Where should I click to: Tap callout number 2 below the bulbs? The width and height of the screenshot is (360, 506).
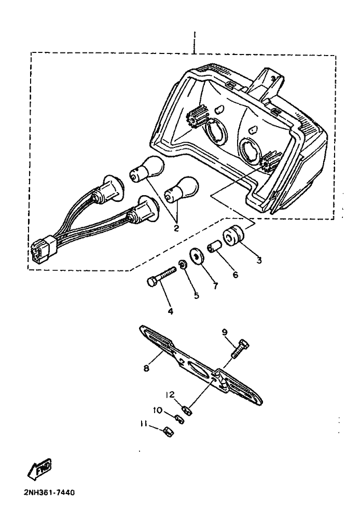click(x=176, y=227)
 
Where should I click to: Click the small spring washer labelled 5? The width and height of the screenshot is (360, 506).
click(x=183, y=265)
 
